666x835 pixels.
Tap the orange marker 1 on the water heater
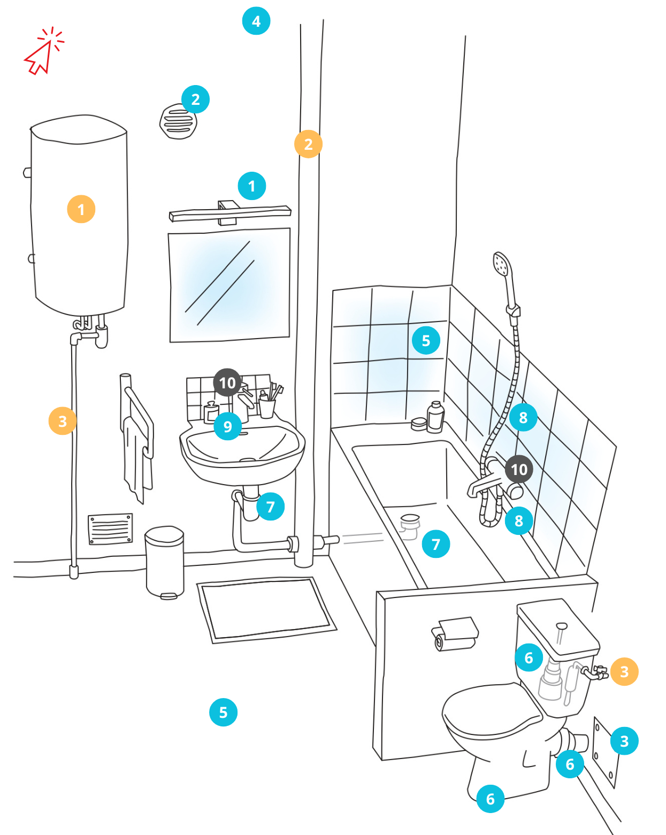pyautogui.click(x=81, y=209)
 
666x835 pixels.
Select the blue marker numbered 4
pyautogui.click(x=256, y=21)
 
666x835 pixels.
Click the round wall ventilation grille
pyautogui.click(x=178, y=122)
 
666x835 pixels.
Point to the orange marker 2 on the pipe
pyautogui.click(x=308, y=144)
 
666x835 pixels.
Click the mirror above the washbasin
pyautogui.click(x=229, y=285)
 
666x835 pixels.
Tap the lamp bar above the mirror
pyautogui.click(x=229, y=213)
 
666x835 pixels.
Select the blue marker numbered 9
pyautogui.click(x=227, y=426)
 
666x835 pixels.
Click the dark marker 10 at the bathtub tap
pyautogui.click(x=519, y=469)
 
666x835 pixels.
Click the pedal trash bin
pyautogui.click(x=165, y=562)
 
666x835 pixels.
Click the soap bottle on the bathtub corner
pyautogui.click(x=436, y=417)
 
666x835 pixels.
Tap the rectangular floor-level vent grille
pyautogui.click(x=110, y=528)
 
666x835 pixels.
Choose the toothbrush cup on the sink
pyautogui.click(x=266, y=407)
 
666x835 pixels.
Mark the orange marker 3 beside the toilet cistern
pyautogui.click(x=624, y=671)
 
